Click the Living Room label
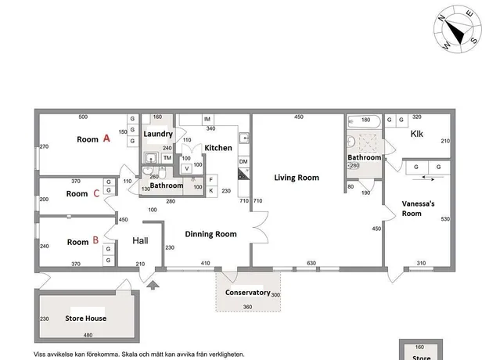[x=297, y=178]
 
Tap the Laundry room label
[x=158, y=134]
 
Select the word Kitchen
[x=218, y=148]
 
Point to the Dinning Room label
[x=210, y=234]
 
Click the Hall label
[x=140, y=240]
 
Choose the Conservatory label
[x=247, y=293]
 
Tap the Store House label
[x=86, y=319]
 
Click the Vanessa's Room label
[x=418, y=209]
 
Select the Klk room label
[x=417, y=134]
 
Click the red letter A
[x=106, y=139]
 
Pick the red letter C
[x=96, y=193]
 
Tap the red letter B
[x=95, y=240]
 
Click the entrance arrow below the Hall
[x=153, y=285]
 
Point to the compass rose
[x=458, y=29]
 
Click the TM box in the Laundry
[x=167, y=158]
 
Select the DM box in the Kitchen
[x=243, y=161]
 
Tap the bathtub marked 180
[x=365, y=121]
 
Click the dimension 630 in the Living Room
[x=311, y=263]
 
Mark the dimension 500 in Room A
[x=83, y=117]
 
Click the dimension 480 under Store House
[x=88, y=335]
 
